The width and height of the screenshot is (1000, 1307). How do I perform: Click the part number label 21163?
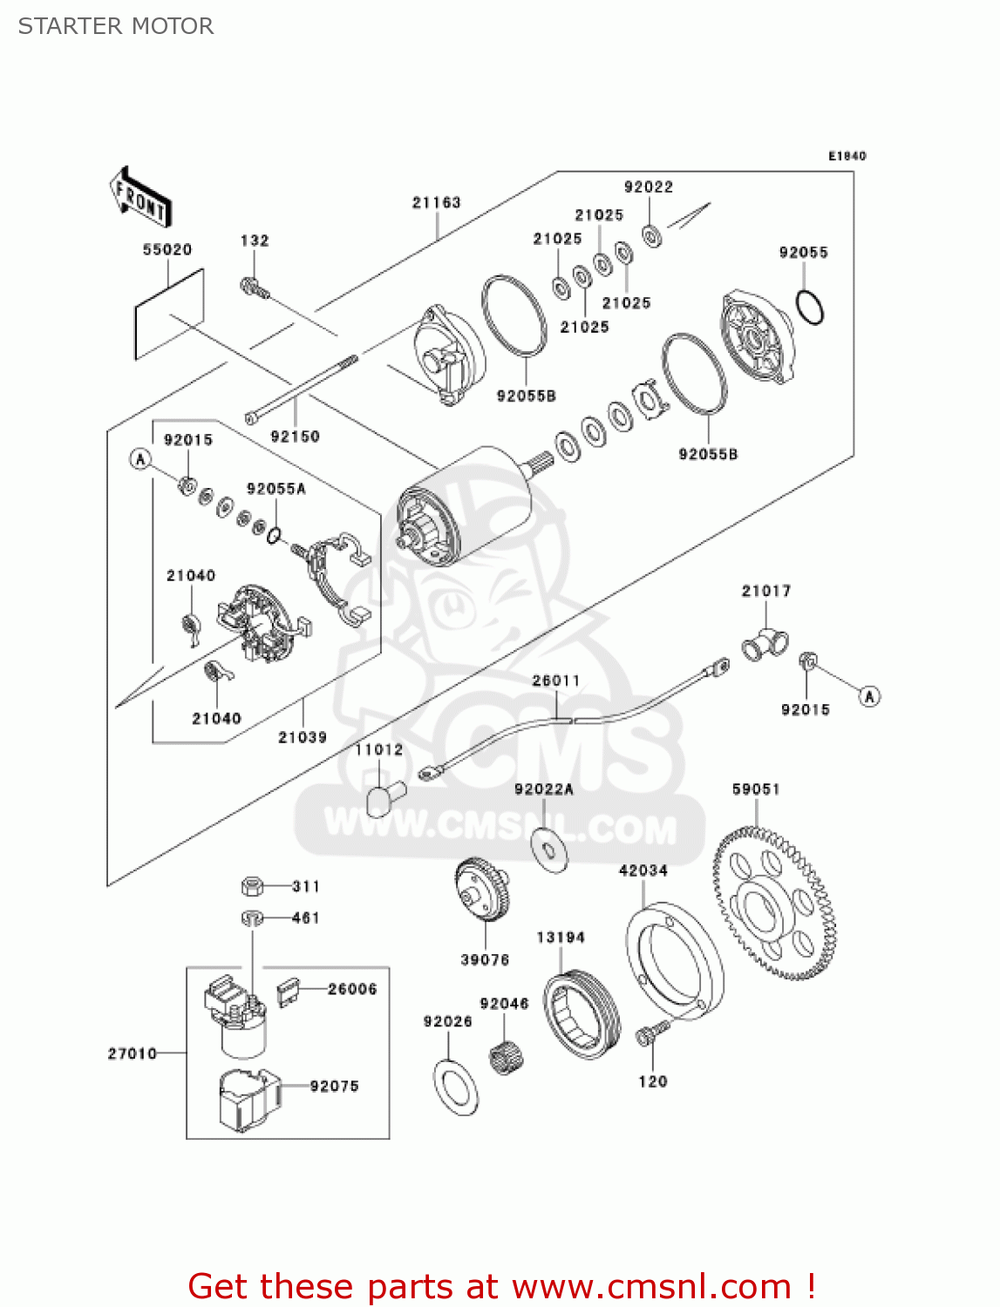436,202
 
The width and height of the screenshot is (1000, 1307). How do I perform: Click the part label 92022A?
543,789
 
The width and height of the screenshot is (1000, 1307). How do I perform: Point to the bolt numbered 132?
252,286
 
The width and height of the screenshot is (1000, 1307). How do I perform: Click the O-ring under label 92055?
810,306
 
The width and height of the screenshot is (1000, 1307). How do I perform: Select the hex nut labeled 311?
252,887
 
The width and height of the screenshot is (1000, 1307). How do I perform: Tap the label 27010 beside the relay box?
133,1053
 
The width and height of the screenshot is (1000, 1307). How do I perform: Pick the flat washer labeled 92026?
455,1087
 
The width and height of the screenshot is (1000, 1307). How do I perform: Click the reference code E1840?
847,156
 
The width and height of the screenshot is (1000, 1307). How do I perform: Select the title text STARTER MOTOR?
116,26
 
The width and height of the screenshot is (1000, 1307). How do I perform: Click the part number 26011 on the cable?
555,681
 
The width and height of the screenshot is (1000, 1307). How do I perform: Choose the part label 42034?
643,870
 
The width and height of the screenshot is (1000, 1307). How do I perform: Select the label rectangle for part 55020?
169,314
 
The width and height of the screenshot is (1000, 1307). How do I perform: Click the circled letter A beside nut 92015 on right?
869,696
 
